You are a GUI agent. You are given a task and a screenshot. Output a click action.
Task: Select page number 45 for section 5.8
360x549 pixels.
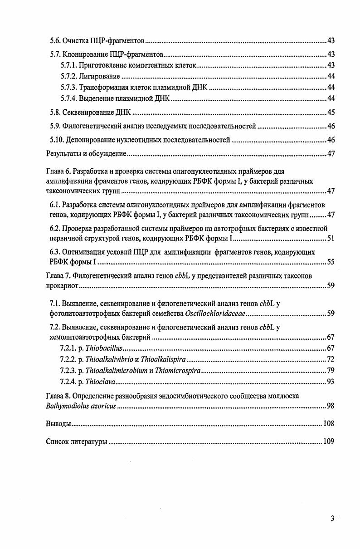point(331,113)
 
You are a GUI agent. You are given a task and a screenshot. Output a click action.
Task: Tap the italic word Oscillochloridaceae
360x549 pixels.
point(215,313)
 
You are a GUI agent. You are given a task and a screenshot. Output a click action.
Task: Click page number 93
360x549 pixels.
point(331,382)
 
